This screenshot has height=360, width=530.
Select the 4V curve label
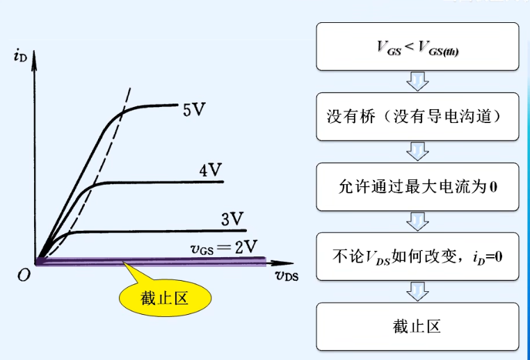point(211,170)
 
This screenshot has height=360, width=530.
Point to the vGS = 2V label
point(225,246)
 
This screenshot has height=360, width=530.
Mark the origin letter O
point(24,275)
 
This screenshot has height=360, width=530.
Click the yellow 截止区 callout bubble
point(164,299)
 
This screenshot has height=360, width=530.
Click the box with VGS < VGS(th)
point(417,47)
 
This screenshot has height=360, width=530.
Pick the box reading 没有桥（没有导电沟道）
point(417,117)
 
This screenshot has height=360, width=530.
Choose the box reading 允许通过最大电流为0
point(417,188)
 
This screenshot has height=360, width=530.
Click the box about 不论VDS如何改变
point(417,257)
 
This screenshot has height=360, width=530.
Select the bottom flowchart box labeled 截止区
point(417,327)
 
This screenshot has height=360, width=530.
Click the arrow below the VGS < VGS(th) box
point(417,81)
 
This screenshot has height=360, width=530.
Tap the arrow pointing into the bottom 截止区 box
point(417,292)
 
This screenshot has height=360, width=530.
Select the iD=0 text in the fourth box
point(482,257)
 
